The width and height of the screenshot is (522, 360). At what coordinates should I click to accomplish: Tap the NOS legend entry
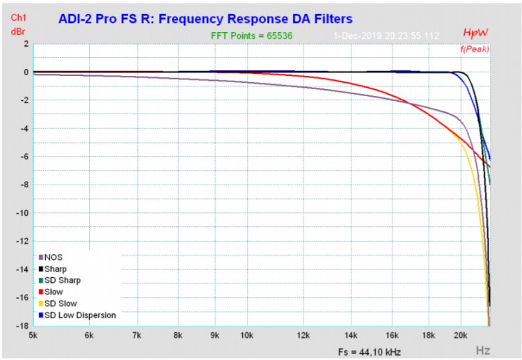(x=54, y=257)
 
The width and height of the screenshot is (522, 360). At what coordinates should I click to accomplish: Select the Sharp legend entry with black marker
(x=56, y=269)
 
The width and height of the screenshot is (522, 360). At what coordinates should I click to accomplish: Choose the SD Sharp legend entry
(x=61, y=280)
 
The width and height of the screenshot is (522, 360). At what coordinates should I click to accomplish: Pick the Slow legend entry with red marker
(x=55, y=292)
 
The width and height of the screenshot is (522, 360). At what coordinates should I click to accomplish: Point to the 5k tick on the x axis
(x=33, y=335)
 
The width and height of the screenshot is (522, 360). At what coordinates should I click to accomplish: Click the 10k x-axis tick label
(x=246, y=335)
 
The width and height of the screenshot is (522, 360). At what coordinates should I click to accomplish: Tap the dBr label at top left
(x=18, y=31)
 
